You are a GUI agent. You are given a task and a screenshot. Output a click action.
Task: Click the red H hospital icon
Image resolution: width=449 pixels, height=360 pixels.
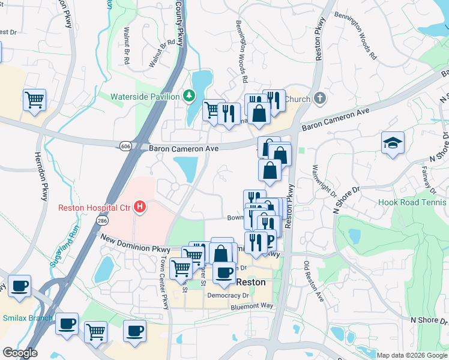(x=140, y=208)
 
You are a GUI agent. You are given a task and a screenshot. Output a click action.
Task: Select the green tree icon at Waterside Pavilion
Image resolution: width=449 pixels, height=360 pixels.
(x=189, y=96)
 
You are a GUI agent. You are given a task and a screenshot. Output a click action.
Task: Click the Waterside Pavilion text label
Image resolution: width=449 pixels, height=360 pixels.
(x=145, y=97)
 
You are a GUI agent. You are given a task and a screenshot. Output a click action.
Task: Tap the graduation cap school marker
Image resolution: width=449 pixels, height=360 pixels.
(x=393, y=143)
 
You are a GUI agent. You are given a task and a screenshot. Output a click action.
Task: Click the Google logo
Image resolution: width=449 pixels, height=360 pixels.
(x=20, y=353)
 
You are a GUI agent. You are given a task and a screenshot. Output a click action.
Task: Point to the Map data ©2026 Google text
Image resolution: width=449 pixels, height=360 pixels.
(x=411, y=355)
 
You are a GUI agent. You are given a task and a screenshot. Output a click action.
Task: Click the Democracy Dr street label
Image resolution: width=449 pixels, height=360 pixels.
(x=228, y=295)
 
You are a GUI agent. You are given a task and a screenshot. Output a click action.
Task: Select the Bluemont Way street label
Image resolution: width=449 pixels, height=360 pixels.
(x=252, y=306)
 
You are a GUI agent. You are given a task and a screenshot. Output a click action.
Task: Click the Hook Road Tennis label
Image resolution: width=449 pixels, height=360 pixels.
(x=413, y=202)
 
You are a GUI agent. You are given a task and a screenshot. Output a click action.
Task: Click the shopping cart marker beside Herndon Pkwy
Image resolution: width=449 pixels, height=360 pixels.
(x=35, y=100)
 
